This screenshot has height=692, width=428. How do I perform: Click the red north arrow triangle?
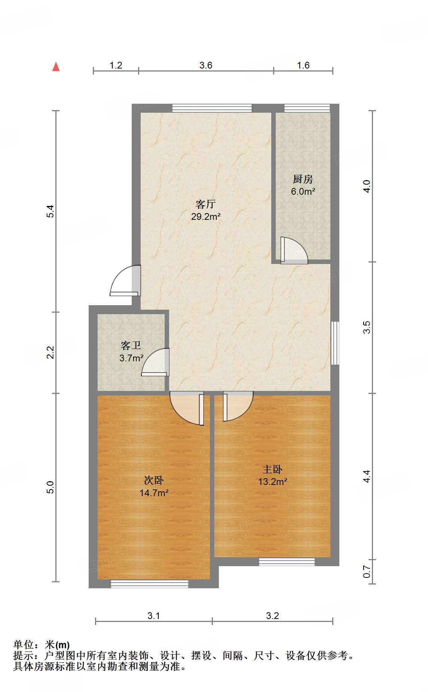(x=56, y=67)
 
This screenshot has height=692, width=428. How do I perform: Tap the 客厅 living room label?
(x=205, y=204)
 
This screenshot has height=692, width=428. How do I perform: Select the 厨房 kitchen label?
(x=303, y=179)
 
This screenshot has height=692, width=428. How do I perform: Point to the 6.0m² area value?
(x=303, y=192)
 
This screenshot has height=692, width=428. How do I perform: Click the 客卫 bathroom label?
(x=131, y=345)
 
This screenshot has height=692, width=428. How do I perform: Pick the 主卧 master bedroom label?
(x=272, y=469)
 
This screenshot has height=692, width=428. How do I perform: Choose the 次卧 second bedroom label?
(x=154, y=480)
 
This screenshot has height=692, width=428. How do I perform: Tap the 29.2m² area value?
(x=205, y=216)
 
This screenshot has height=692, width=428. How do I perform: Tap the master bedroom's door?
(x=238, y=406)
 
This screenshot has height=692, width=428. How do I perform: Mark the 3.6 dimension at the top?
(x=206, y=66)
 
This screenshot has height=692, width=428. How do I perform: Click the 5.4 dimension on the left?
(x=51, y=211)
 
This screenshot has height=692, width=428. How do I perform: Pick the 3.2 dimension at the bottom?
(x=272, y=616)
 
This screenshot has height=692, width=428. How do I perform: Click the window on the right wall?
(x=335, y=343)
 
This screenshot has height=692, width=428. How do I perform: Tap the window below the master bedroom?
(x=287, y=562)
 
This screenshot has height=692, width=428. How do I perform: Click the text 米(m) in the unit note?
(x=57, y=645)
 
